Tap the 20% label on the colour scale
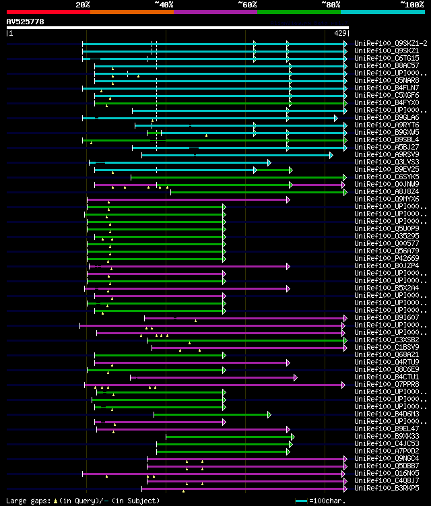pyautogui.click(x=83, y=5)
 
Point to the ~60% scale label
pyautogui.click(x=247, y=5)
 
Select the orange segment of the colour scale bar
pyautogui.click(x=131, y=11)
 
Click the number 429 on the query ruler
pyautogui.click(x=340, y=32)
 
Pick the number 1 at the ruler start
pyautogui.click(x=10, y=32)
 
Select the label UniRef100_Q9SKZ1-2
pyautogui.click(x=391, y=43)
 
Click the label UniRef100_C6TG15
pyautogui.click(x=387, y=58)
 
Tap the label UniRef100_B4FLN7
pyautogui.click(x=387, y=88)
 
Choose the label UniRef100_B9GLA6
pyautogui.click(x=387, y=117)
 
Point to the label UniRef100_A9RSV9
pyautogui.click(x=387, y=154)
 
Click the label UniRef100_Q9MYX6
pyautogui.click(x=387, y=199)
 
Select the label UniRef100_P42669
pyautogui.click(x=387, y=258)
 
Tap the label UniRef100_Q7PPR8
pyautogui.click(x=387, y=384)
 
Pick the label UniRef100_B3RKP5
pyautogui.click(x=387, y=488)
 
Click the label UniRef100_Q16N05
pyautogui.click(x=387, y=473)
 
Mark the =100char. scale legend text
pyautogui.click(x=328, y=501)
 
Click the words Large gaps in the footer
pyautogui.click(x=24, y=501)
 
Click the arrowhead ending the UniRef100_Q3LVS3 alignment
pyautogui.click(x=269, y=162)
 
